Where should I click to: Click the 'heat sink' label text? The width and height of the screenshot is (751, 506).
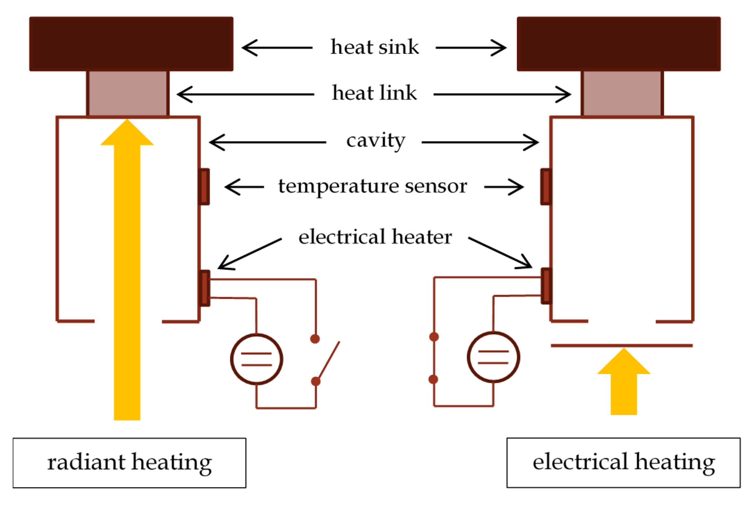point(375,47)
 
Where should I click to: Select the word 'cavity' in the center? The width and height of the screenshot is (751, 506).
point(376,141)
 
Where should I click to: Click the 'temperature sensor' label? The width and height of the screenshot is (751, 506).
point(373,186)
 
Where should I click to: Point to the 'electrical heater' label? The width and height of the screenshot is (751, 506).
point(375,237)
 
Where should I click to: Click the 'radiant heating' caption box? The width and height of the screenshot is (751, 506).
point(129,463)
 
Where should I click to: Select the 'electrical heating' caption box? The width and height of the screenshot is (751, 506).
point(623,463)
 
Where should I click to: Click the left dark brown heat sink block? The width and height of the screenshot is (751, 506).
point(131,44)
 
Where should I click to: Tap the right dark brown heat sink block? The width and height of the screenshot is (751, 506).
point(619,44)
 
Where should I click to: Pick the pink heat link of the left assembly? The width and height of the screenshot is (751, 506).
point(128,94)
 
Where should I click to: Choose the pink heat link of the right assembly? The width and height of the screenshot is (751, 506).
point(622,94)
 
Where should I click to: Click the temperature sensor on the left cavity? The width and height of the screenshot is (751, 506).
point(205,187)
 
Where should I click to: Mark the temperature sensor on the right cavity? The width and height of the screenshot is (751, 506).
point(546,187)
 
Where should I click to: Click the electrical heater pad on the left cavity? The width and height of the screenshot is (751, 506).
point(205,288)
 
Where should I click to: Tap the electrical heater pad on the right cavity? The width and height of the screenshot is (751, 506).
point(546,286)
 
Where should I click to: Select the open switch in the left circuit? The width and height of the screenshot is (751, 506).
point(326,361)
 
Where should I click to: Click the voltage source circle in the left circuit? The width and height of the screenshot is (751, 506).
point(257,359)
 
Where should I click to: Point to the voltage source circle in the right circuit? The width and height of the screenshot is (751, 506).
point(493,357)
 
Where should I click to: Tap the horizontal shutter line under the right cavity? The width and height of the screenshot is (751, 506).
point(621,345)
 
